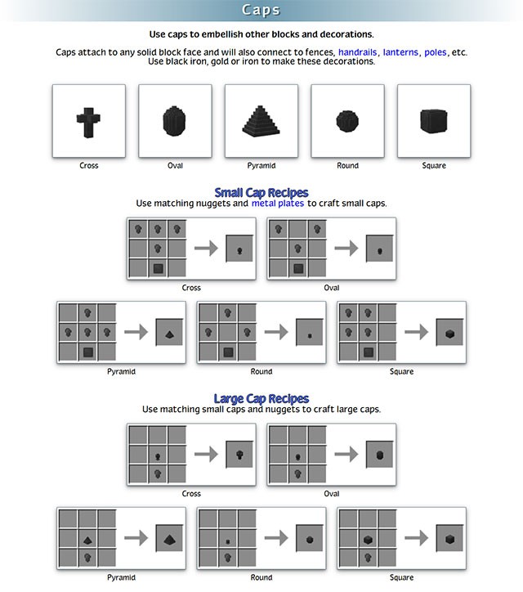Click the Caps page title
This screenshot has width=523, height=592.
(261, 10)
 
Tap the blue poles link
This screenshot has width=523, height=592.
(436, 52)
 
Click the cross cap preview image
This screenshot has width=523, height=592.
(88, 121)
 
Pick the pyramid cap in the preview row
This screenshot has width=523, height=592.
(261, 121)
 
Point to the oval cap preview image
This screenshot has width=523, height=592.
(175, 121)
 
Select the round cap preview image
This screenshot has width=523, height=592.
(347, 121)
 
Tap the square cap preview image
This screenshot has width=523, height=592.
(433, 121)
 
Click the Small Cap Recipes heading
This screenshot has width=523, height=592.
(261, 192)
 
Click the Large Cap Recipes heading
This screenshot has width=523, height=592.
(261, 398)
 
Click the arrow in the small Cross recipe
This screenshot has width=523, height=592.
(208, 248)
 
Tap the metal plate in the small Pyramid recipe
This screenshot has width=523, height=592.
(87, 352)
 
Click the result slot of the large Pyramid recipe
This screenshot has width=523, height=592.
(170, 539)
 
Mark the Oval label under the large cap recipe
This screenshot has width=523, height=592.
(332, 493)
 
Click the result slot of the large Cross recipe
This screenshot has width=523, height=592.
(240, 454)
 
